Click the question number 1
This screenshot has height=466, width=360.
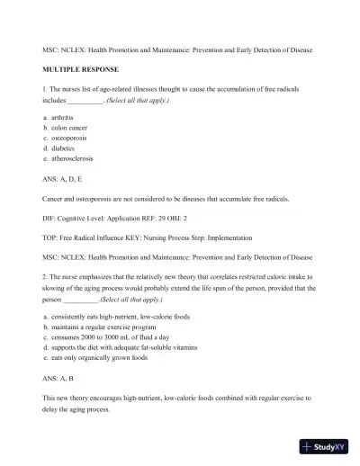pyautogui.click(x=44, y=91)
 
